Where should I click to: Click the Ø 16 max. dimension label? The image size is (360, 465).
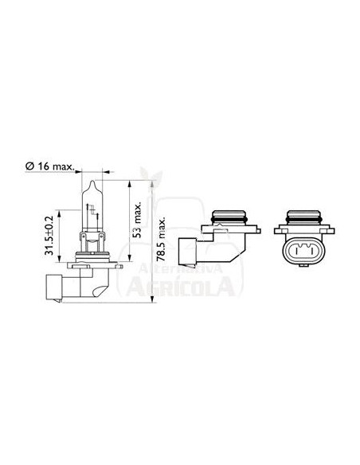pyautogui.click(x=50, y=166)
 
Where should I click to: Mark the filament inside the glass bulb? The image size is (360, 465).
pyautogui.click(x=93, y=212)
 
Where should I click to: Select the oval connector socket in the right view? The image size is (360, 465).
pyautogui.click(x=301, y=253)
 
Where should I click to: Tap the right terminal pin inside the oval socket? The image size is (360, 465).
pyautogui.click(x=306, y=253)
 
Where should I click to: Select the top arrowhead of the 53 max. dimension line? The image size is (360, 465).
pyautogui.click(x=128, y=186)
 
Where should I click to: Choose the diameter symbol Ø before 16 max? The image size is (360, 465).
pyautogui.click(x=29, y=166)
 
